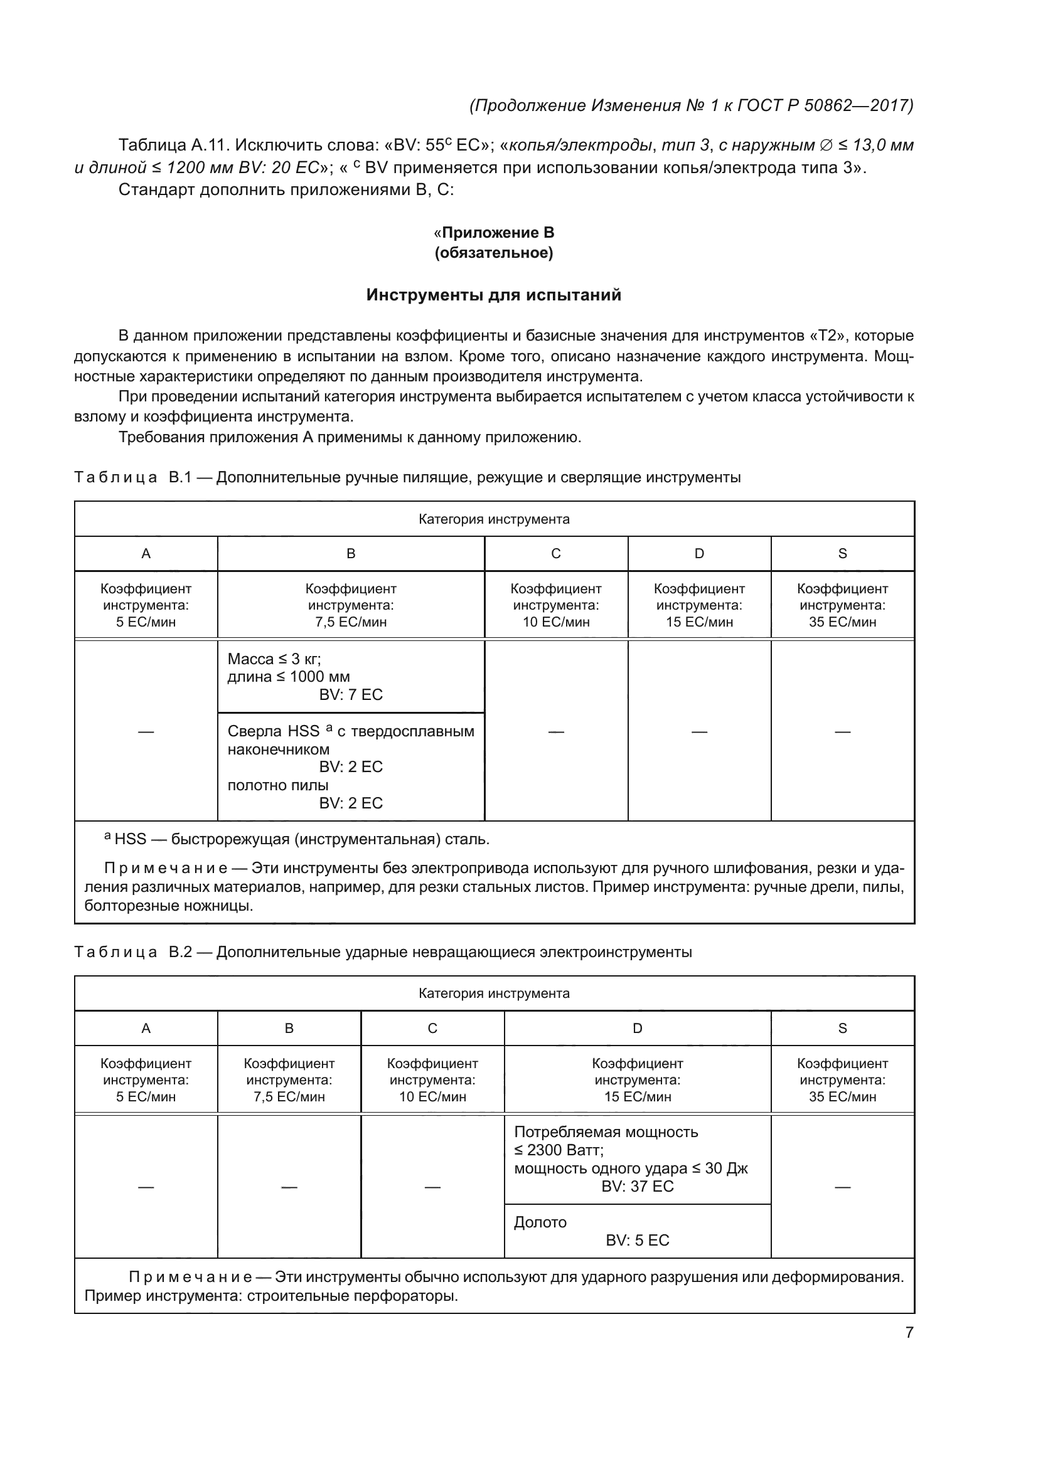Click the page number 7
click(x=909, y=1332)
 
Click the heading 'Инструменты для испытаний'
click(x=493, y=295)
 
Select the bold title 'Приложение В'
click(x=498, y=233)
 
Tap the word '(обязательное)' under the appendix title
click(x=493, y=253)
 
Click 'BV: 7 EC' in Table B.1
click(x=351, y=694)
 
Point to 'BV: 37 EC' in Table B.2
click(x=637, y=1186)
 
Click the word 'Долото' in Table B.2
click(x=540, y=1222)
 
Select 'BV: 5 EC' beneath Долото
click(x=637, y=1240)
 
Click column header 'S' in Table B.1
click(x=842, y=553)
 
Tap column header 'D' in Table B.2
click(x=637, y=1028)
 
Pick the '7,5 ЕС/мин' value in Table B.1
click(x=351, y=622)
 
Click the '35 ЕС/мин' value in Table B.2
click(x=842, y=1096)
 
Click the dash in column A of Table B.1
click(x=146, y=731)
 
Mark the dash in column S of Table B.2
click(x=842, y=1187)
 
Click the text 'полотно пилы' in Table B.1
click(x=278, y=785)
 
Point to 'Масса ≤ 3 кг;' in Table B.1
click(x=274, y=659)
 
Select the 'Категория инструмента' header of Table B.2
click(x=493, y=993)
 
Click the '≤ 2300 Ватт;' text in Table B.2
click(x=559, y=1150)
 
